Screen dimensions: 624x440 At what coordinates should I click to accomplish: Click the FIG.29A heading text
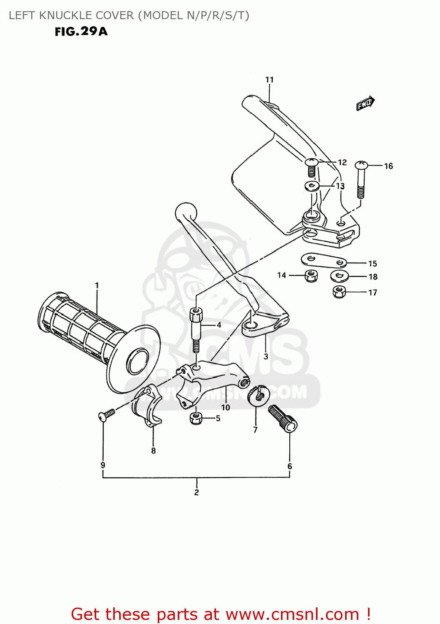tap(81, 32)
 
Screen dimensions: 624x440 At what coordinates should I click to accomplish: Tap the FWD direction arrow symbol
tap(365, 103)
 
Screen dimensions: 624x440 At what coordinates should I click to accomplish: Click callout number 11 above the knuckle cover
tap(269, 80)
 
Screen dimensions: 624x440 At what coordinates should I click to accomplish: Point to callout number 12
tap(342, 163)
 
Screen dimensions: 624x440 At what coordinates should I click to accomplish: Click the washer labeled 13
tap(312, 186)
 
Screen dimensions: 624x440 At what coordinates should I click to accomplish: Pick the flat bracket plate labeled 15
tap(324, 260)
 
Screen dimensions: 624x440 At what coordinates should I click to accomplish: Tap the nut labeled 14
tap(311, 275)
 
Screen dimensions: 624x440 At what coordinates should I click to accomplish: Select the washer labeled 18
tap(340, 276)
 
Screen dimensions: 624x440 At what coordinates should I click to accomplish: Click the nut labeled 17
tap(340, 292)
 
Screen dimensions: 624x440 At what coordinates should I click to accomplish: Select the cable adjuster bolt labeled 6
tap(283, 418)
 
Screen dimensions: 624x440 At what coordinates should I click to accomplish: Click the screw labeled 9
tap(106, 415)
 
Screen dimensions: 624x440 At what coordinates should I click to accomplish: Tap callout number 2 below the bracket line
tap(196, 493)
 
